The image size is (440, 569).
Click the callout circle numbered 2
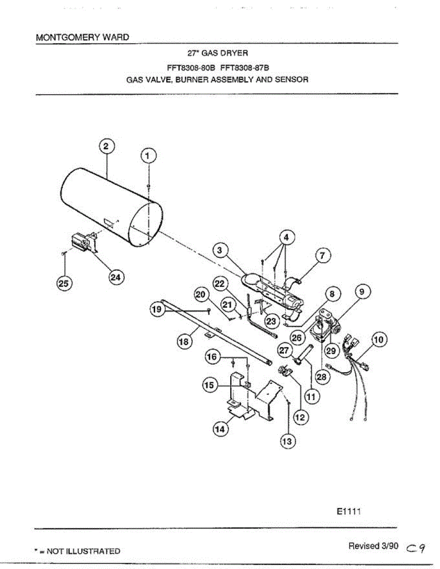coord(106,147)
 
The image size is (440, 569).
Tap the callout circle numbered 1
coord(149,156)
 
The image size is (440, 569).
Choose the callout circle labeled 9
coord(363,293)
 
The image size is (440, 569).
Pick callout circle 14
coord(220,429)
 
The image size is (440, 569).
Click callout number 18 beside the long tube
coord(184,341)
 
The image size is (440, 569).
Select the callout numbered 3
coord(220,250)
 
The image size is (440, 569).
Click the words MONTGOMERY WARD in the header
coord(83,37)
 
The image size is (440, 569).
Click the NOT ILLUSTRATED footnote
coord(77,551)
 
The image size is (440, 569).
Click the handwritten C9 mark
coord(416,548)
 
